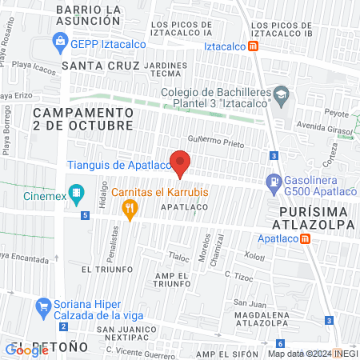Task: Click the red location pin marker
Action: (x=181, y=163)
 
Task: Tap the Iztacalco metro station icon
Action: (x=254, y=46)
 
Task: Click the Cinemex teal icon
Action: (x=78, y=193)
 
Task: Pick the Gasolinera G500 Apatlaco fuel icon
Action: (x=272, y=182)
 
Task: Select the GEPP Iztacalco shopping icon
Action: (x=60, y=40)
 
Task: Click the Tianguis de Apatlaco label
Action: (x=118, y=165)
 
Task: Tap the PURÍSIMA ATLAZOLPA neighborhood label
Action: (x=317, y=218)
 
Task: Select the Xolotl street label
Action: (x=254, y=257)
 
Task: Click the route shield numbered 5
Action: (x=85, y=214)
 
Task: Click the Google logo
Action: (x=27, y=350)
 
